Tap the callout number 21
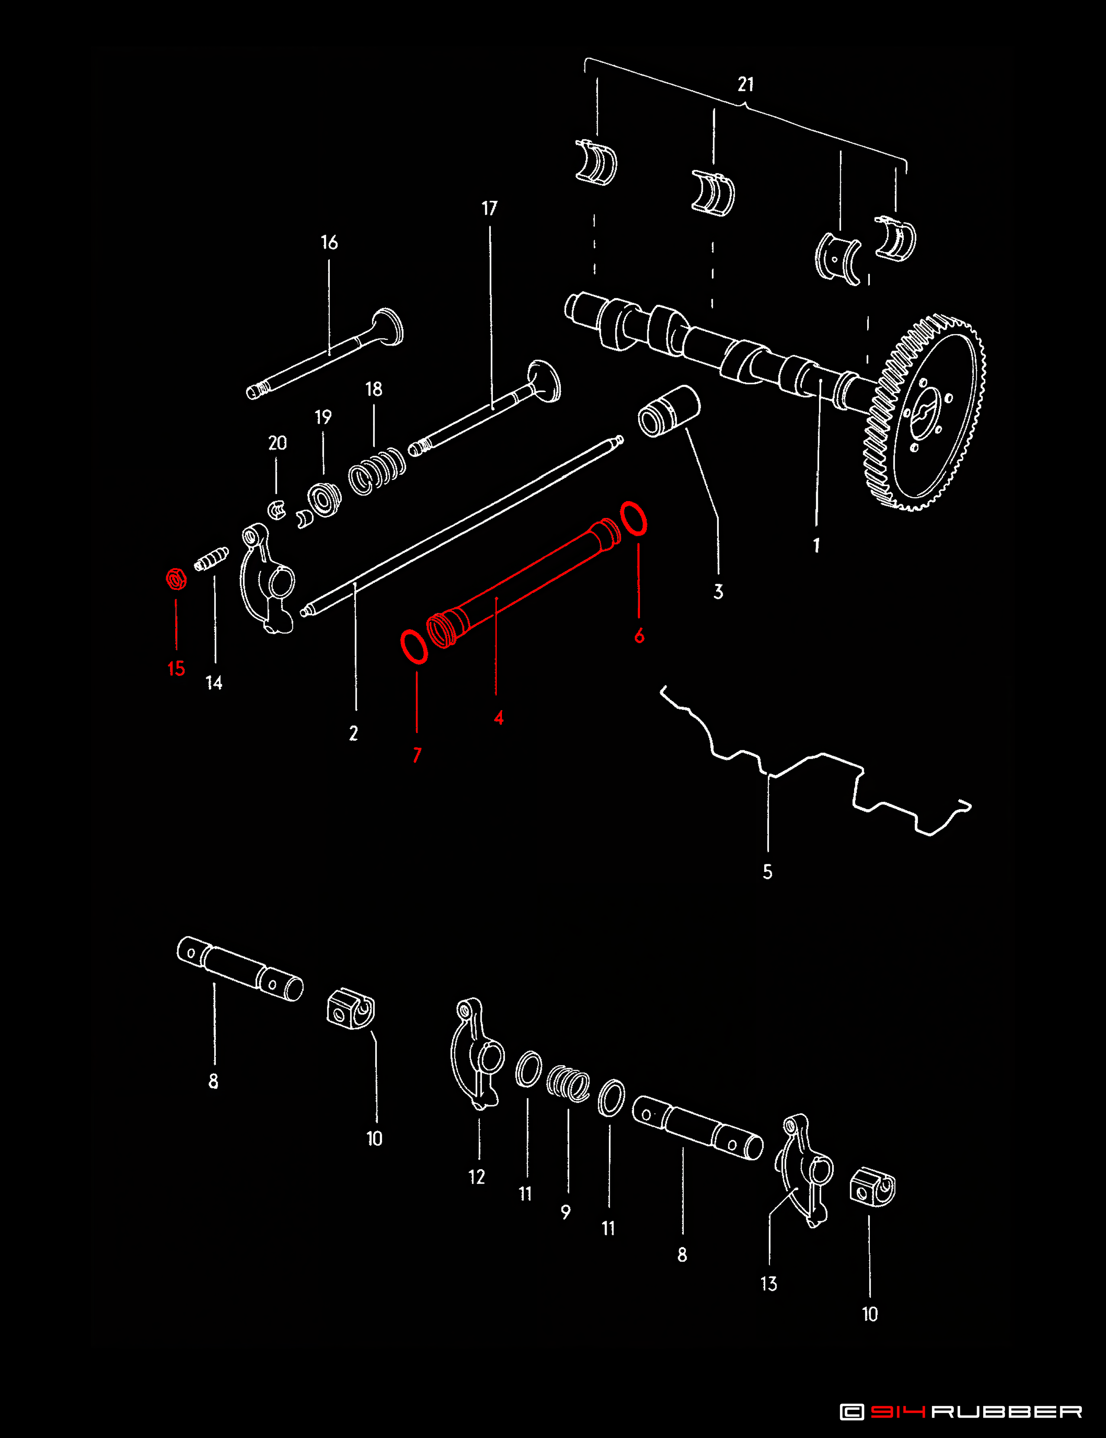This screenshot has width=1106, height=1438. pos(745,84)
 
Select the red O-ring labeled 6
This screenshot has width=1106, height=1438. pos(633,518)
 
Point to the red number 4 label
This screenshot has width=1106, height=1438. pos(499,717)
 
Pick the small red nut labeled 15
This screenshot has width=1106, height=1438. pos(176,579)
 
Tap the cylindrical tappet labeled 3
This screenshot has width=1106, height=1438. pos(669,412)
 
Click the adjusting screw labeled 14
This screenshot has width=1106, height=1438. pos(211,560)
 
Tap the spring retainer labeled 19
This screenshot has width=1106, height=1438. pos(324,500)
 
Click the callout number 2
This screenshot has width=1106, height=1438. pos(354,733)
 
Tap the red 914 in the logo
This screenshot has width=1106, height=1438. pos(898,1412)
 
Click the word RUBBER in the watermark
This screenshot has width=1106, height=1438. pos(1006,1412)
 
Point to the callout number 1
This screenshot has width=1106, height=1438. pos(817,545)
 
